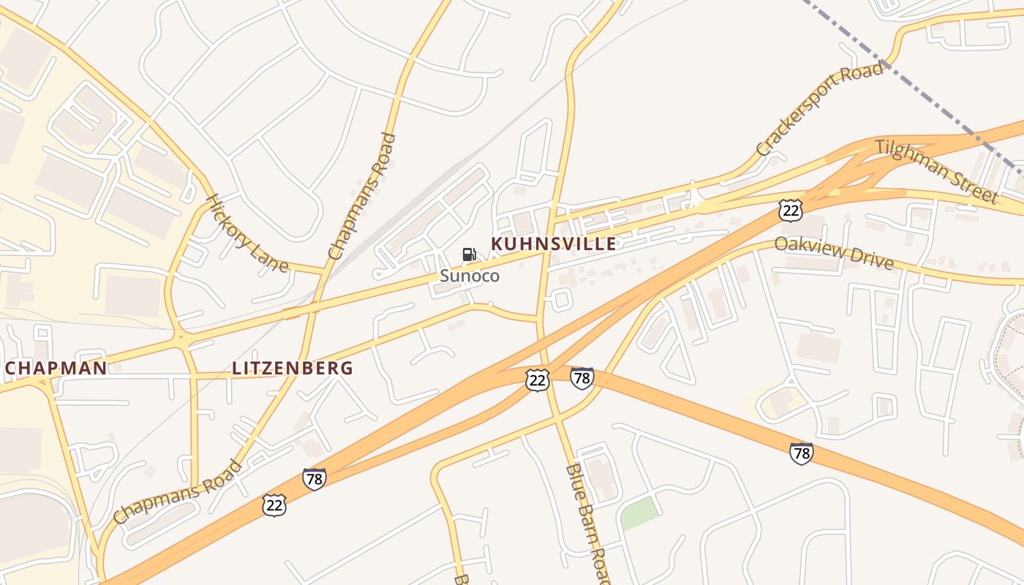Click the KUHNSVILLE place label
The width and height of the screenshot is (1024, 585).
(553, 244)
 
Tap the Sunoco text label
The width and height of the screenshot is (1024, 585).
(470, 276)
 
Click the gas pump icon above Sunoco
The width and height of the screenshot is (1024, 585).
(469, 254)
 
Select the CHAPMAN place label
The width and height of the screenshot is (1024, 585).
(56, 368)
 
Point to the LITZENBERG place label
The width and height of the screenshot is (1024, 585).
(293, 368)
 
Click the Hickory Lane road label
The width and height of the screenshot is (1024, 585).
(246, 233)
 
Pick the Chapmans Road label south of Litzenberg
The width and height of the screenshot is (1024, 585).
(178, 491)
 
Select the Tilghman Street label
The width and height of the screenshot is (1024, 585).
(936, 171)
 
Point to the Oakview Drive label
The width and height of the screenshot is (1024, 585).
(834, 252)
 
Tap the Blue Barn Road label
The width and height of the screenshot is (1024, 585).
(588, 523)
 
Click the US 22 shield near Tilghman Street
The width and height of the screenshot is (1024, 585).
(791, 211)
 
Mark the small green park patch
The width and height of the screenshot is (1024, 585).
(639, 516)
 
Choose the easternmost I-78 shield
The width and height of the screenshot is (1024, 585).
(802, 453)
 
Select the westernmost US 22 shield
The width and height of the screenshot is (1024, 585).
(274, 505)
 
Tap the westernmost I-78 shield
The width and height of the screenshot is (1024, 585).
(314, 479)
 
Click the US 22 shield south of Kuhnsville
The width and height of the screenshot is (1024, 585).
(537, 380)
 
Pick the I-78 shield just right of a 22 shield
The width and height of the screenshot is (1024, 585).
(581, 378)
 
